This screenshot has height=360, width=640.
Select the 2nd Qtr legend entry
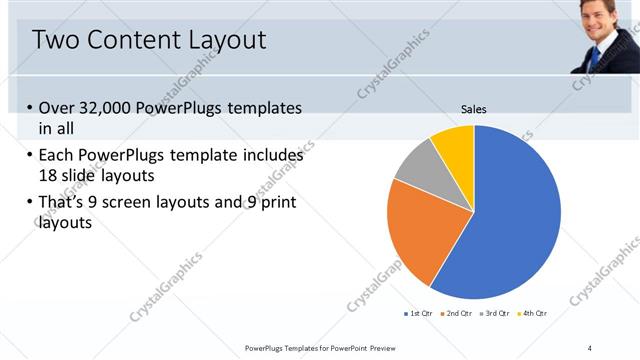click(x=456, y=314)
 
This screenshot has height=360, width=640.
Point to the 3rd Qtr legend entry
click(x=493, y=314)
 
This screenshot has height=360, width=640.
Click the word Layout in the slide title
click(x=226, y=40)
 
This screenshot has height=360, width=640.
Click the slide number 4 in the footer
click(x=589, y=347)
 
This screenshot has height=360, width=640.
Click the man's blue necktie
click(x=597, y=55)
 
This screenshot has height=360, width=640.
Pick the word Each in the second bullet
click(x=56, y=156)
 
